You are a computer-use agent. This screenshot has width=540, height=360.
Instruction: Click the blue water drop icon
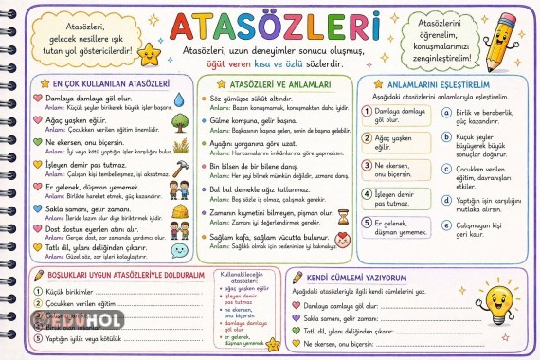click(181, 99)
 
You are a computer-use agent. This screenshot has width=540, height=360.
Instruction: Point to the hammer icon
click(180, 165)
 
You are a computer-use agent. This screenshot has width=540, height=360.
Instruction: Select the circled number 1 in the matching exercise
click(366, 111)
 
